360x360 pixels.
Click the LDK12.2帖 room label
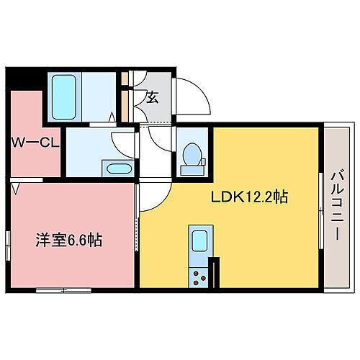249,197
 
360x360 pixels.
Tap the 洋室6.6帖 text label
70,240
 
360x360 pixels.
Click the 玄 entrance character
153,98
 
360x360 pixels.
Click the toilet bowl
192,153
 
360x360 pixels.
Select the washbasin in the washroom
118,168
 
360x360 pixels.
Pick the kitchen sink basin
199,240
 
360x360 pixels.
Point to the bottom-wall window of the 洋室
65,289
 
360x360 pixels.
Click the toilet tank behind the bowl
192,170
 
